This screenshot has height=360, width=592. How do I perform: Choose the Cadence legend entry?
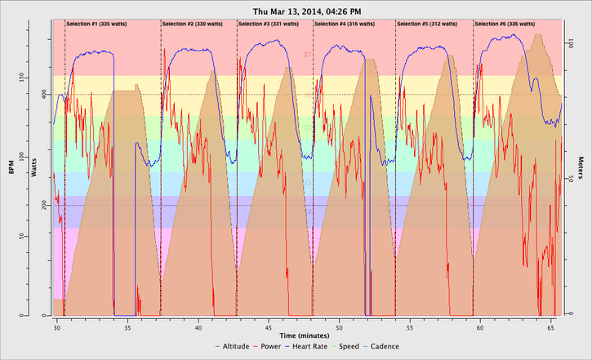coord(386,347)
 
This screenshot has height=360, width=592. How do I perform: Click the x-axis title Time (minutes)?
coord(307,335)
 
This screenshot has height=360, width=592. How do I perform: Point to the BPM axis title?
coord(11,167)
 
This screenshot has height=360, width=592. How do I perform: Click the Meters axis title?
coord(581,167)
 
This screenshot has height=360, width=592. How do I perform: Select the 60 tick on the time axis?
coord(480,325)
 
